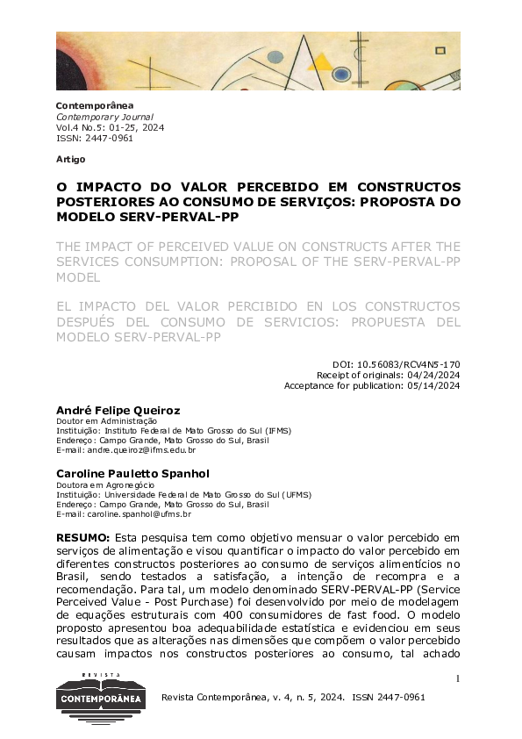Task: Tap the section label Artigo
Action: click(x=70, y=159)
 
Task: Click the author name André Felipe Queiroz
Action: click(x=118, y=410)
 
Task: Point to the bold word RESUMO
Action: click(x=82, y=536)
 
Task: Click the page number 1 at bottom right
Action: click(x=458, y=678)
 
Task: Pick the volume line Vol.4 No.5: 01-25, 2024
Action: click(x=110, y=127)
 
